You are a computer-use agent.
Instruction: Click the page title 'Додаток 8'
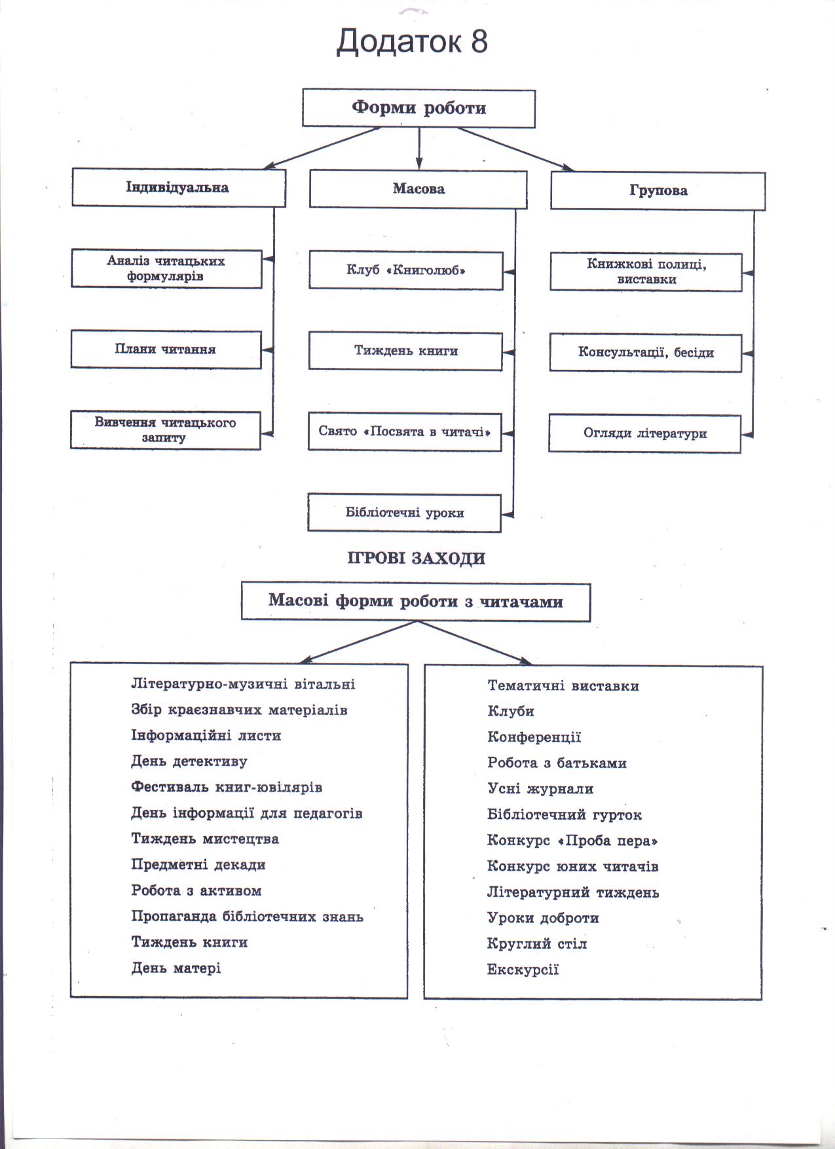(x=412, y=42)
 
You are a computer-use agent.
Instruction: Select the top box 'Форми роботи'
(x=418, y=108)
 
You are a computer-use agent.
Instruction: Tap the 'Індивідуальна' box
(x=179, y=188)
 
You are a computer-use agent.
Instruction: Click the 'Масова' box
(x=418, y=189)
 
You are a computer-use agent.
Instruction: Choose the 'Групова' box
(x=658, y=191)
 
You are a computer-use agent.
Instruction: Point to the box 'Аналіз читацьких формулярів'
(x=166, y=268)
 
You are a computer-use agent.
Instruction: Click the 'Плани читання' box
(x=166, y=350)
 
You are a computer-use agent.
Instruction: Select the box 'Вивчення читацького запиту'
(x=165, y=430)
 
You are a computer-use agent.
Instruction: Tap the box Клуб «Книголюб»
(x=406, y=270)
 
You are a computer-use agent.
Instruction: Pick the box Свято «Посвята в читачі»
(x=405, y=432)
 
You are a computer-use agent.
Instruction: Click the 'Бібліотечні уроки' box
(x=404, y=513)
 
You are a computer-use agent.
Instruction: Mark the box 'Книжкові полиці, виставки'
(x=646, y=272)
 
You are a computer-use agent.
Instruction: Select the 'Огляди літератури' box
(x=644, y=433)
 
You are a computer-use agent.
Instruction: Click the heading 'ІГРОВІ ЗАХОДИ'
(x=417, y=558)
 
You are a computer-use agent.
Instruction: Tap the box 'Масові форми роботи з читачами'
(x=416, y=602)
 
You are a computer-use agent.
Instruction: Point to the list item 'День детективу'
(x=189, y=761)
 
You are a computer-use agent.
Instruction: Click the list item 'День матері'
(x=176, y=968)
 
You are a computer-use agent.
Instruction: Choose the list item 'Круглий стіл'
(x=537, y=944)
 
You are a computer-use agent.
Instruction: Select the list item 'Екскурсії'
(x=523, y=970)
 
